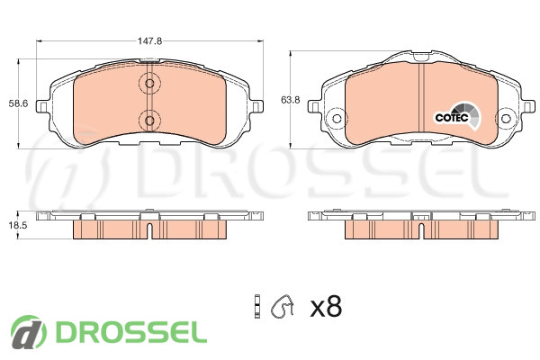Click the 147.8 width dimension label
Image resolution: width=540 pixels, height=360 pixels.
coord(149,41)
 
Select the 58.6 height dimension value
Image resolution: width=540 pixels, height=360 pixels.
coord(18,103)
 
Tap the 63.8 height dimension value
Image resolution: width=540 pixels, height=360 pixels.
coord(291,100)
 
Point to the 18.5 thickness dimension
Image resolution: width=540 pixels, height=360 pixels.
coord(18,225)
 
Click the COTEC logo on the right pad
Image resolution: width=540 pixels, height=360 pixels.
coord(457,116)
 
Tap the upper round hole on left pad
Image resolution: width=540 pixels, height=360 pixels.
coord(149,84)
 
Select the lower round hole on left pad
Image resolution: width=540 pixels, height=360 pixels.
coord(149,121)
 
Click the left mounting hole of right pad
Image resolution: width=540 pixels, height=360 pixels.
coord(337,119)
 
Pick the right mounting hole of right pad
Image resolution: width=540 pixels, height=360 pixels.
coord(505,119)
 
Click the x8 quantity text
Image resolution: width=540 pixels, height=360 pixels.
coord(326,307)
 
